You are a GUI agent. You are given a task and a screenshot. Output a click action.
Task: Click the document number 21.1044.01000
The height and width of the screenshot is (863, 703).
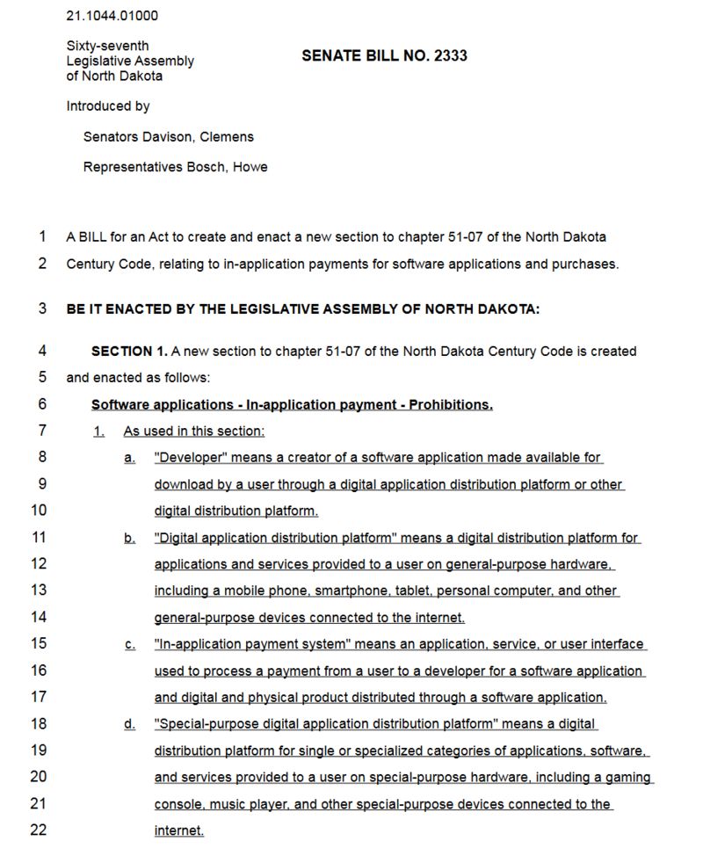coord(112,16)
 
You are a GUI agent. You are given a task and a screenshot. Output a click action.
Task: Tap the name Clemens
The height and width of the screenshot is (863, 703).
coord(227,137)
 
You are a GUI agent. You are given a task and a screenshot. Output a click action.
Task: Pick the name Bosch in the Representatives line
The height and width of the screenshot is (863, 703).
coord(206,167)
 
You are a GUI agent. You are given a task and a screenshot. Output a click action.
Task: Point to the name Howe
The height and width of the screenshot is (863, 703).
coord(250,167)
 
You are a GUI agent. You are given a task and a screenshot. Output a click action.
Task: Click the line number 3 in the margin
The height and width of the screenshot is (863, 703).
coord(42,309)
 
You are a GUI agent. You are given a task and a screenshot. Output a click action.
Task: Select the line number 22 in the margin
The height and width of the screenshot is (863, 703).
coord(39,830)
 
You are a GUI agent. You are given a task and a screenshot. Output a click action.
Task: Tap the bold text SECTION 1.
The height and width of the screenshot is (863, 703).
coord(129,352)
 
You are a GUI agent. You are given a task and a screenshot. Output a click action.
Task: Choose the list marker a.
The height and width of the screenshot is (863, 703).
coord(129,458)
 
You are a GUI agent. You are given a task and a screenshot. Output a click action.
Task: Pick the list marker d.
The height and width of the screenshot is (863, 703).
coord(129,724)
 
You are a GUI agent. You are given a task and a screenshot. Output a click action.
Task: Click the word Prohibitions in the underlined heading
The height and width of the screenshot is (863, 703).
coord(449,405)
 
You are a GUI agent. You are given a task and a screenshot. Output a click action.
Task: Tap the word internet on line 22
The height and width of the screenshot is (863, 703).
coord(178,830)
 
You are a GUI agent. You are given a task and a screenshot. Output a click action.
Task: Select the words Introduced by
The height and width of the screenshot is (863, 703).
coord(108,106)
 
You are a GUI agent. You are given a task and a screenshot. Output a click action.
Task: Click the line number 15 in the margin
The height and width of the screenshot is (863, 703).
coord(39,644)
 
